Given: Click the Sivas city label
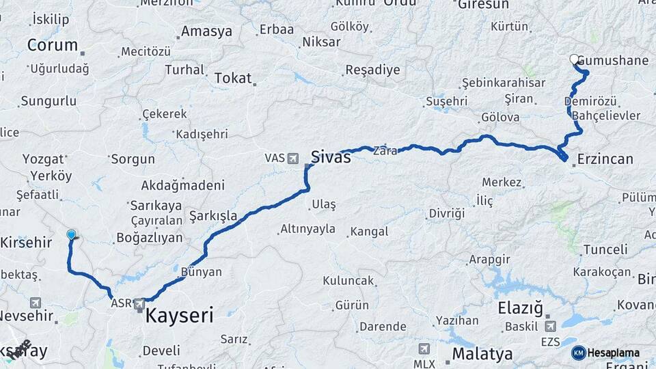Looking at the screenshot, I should click(331, 157).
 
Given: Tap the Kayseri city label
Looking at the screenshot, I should click(178, 315).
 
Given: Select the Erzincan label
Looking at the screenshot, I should click(605, 159).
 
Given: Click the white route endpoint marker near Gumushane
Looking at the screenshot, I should click(574, 59).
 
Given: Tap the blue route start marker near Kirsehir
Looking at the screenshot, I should click(71, 235).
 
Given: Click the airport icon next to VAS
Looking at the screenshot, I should click(294, 158).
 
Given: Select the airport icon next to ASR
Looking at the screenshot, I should click(140, 302).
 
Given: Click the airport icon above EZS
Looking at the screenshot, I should click(549, 325).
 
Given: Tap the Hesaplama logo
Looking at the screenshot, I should click(607, 353).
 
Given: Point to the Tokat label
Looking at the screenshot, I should click(233, 78).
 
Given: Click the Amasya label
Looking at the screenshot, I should click(206, 31).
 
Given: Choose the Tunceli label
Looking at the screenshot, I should click(604, 249).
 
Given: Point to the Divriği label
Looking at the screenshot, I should click(447, 213).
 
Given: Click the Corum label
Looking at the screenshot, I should click(53, 46).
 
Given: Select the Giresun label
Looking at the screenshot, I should click(483, 5).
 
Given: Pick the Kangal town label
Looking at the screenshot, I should click(368, 232).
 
